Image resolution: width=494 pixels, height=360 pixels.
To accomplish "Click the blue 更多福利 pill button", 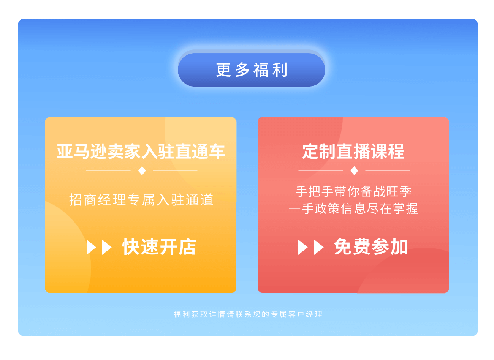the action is [252, 69].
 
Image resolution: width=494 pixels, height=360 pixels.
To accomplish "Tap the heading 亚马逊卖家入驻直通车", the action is [141, 152].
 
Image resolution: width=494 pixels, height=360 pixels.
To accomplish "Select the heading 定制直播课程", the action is [353, 152].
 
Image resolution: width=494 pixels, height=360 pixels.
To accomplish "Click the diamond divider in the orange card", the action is [142, 171].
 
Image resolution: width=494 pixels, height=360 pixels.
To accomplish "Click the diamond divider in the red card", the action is [354, 171].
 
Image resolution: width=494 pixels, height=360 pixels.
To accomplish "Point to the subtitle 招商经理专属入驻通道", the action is [141, 200].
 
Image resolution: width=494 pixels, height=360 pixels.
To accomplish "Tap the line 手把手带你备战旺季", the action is [353, 191].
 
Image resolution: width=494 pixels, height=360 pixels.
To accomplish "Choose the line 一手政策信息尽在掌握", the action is [353, 208].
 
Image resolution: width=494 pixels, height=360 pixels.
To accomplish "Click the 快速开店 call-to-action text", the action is [159, 247].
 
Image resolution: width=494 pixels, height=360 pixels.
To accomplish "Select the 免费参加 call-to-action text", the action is [370, 247].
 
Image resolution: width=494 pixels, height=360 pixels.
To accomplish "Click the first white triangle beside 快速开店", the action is [91, 247].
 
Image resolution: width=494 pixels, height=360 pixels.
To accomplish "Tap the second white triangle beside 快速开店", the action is [106, 247].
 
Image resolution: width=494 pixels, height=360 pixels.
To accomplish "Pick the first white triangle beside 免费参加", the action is [302, 247].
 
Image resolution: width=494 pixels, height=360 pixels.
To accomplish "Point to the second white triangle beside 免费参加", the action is [318, 247].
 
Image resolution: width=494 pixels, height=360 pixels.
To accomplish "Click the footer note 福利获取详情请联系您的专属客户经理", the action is [248, 314].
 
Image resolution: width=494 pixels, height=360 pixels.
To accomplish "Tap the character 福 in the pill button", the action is [261, 70].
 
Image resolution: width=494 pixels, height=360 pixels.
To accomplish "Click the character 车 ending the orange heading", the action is [217, 152].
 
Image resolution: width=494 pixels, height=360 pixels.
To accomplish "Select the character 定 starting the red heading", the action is [310, 152].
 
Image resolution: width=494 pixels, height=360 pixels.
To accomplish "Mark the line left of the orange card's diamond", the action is [108, 171].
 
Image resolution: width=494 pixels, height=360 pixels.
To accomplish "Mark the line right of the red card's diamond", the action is [387, 171].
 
